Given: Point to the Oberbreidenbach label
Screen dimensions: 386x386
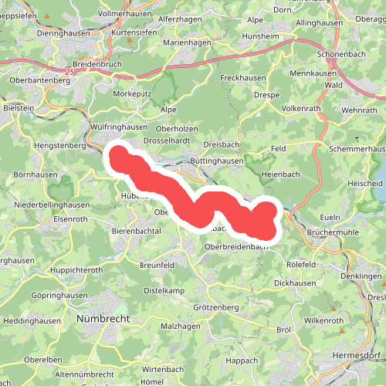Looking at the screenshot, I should pos(239,246).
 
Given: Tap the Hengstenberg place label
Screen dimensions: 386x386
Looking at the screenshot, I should pos(59,144).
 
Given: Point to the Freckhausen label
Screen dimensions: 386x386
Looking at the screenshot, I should pos(242,79).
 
